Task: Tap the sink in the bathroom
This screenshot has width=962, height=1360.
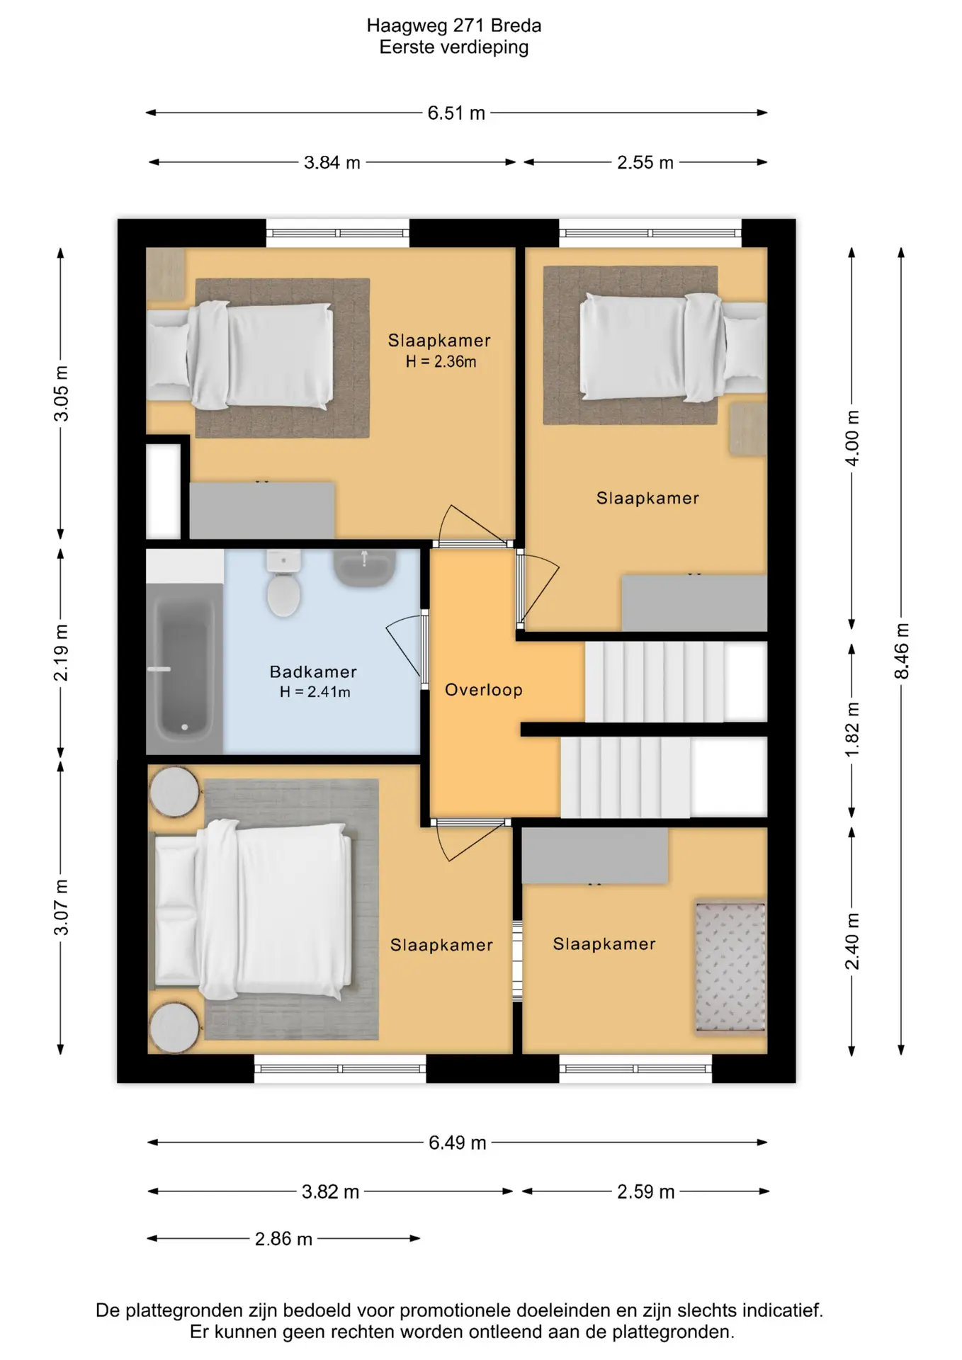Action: tap(364, 568)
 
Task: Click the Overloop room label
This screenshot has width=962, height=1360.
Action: tap(484, 690)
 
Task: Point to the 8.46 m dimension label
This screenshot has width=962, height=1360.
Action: tap(901, 651)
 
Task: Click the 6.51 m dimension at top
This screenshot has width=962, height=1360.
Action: tap(456, 113)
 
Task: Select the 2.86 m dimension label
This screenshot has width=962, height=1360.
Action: tap(283, 1239)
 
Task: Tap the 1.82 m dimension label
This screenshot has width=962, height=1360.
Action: tap(852, 730)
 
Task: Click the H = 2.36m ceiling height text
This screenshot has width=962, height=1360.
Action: tap(441, 361)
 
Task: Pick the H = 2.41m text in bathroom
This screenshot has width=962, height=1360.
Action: tap(315, 692)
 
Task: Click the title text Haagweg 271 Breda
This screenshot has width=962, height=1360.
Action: tap(454, 25)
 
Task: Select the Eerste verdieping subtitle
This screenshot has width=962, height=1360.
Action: tap(454, 47)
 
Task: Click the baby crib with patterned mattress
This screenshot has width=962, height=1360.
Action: tap(730, 967)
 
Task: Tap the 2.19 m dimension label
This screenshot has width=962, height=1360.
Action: tap(62, 652)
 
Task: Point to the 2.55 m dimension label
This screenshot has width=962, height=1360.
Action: tap(645, 163)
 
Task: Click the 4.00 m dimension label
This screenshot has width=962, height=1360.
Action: tap(852, 438)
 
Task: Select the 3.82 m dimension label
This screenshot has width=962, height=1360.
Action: tap(330, 1192)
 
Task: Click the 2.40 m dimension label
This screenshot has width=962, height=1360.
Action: tap(852, 941)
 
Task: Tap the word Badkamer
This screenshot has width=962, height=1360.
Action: tap(313, 671)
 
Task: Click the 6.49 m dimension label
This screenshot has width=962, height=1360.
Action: tap(458, 1143)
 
